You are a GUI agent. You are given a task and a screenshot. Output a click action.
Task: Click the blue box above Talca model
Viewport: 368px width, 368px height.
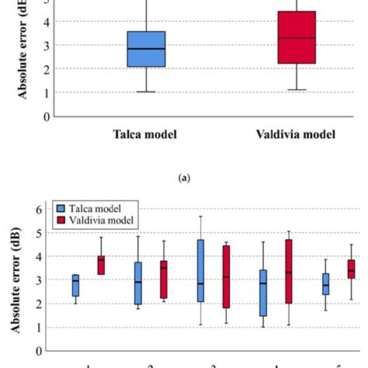click(146, 49)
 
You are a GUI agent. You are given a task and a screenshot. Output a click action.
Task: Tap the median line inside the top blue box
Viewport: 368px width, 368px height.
click(146, 48)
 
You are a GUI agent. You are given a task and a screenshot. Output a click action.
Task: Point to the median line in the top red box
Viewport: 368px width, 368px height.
click(297, 37)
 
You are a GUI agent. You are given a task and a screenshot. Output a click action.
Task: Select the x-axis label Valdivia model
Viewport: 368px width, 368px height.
click(296, 134)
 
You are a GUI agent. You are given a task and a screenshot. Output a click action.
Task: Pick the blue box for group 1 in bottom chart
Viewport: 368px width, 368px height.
click(75, 285)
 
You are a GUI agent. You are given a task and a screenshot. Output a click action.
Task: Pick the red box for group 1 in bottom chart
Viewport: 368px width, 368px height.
click(101, 265)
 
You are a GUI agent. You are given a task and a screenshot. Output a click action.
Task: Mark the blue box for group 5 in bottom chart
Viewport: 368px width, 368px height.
click(326, 283)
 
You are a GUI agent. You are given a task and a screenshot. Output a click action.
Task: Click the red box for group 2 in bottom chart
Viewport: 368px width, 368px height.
click(163, 279)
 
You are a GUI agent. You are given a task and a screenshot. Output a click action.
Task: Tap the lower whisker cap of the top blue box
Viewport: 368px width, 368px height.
click(146, 92)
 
